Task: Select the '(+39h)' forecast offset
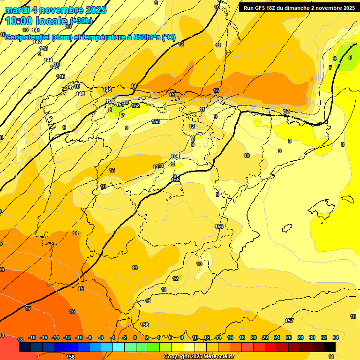tap(82, 21)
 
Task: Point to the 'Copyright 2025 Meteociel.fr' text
tap(200, 356)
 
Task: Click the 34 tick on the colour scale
tap(336, 337)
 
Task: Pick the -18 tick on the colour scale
tap(32, 337)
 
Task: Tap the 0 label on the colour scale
tap(135, 337)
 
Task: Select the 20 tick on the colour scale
tap(254, 337)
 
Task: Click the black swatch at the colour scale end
tap(330, 347)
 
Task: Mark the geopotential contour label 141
tap(36, 30)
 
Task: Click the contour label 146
tap(60, 76)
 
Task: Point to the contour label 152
tap(135, 106)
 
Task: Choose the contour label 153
tap(156, 121)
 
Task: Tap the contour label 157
tap(289, 321)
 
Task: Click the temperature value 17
tap(28, 308)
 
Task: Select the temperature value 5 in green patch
tap(350, 57)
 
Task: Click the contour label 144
tap(48, 60)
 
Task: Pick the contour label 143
tap(44, 48)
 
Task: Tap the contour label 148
tap(80, 94)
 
